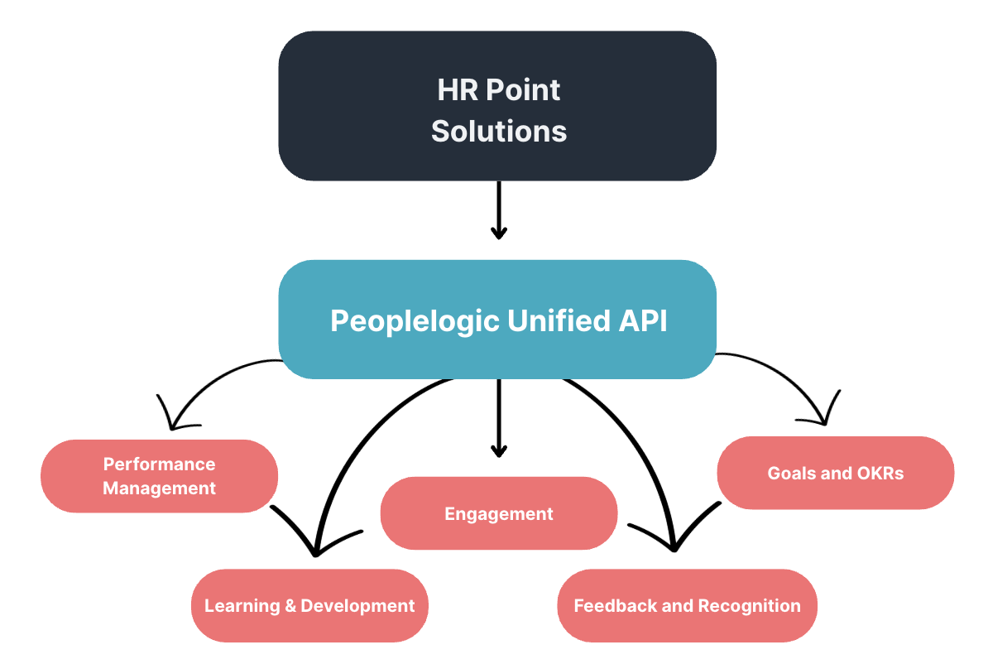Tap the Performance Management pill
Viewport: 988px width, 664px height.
click(x=159, y=476)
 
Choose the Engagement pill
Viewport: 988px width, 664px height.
click(x=498, y=513)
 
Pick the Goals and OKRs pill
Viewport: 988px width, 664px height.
click(x=835, y=473)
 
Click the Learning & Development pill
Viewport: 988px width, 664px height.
click(x=309, y=605)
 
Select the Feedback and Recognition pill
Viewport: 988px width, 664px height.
click(x=687, y=605)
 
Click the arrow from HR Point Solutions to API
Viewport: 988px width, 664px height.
click(x=498, y=210)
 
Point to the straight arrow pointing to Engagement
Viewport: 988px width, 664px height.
click(x=498, y=418)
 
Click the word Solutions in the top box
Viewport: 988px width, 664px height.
click(x=499, y=131)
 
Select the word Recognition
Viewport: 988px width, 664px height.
click(x=749, y=606)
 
